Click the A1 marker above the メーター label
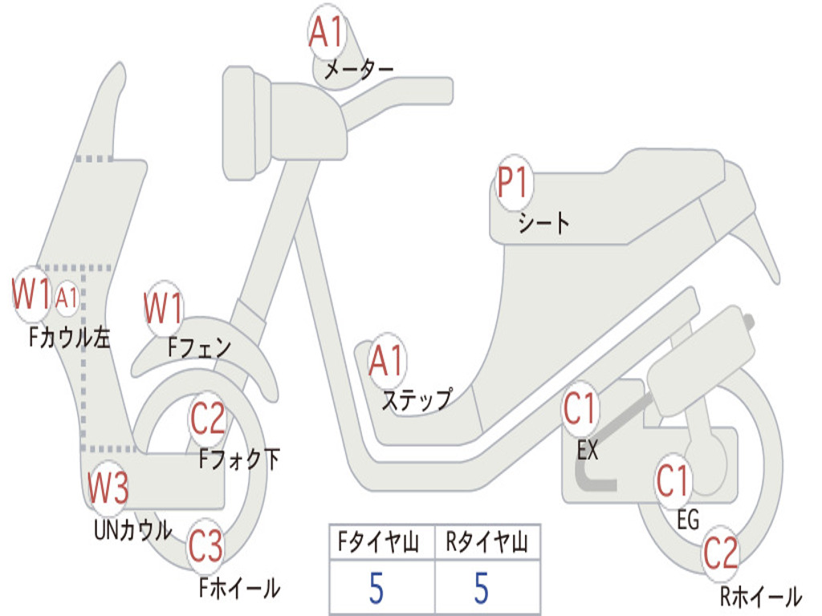pyautogui.click(x=326, y=31)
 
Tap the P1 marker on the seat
pyautogui.click(x=514, y=182)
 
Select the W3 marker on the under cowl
pyautogui.click(x=108, y=487)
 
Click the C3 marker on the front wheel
pyautogui.click(x=205, y=545)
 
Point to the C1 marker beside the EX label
pyautogui.click(x=580, y=408)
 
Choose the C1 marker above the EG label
pyautogui.click(x=673, y=481)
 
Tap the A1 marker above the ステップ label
pyautogui.click(x=387, y=360)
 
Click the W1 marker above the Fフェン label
pyautogui.click(x=164, y=308)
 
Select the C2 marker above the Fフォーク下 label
pyautogui.click(x=208, y=419)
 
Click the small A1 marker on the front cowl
pyautogui.click(x=67, y=298)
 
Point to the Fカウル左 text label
pyautogui.click(x=70, y=338)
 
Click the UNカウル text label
pyautogui.click(x=133, y=529)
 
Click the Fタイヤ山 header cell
pyautogui.click(x=382, y=541)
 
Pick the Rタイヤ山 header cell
pyautogui.click(x=487, y=541)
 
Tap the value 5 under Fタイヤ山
pyautogui.click(x=376, y=588)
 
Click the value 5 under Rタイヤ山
pyautogui.click(x=482, y=588)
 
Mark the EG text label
pyautogui.click(x=688, y=520)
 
